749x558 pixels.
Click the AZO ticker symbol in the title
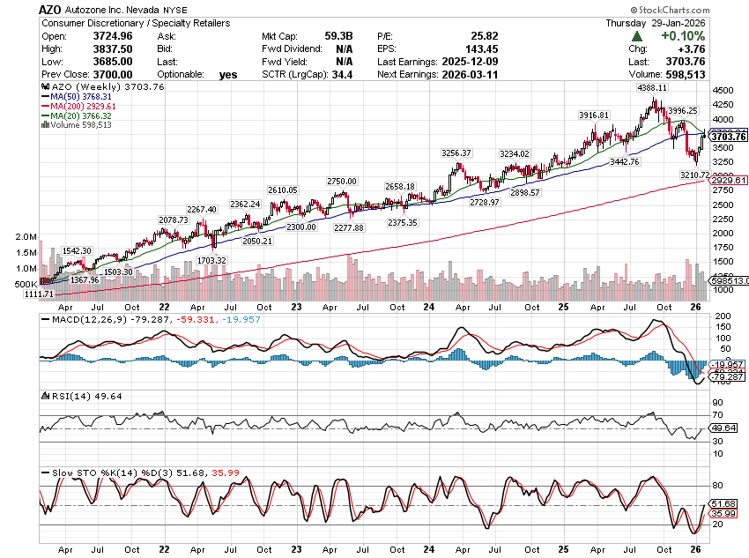click(x=50, y=9)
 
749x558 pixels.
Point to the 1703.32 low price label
click(x=211, y=260)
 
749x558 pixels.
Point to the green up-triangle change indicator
click(x=635, y=36)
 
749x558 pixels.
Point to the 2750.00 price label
click(x=342, y=181)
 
